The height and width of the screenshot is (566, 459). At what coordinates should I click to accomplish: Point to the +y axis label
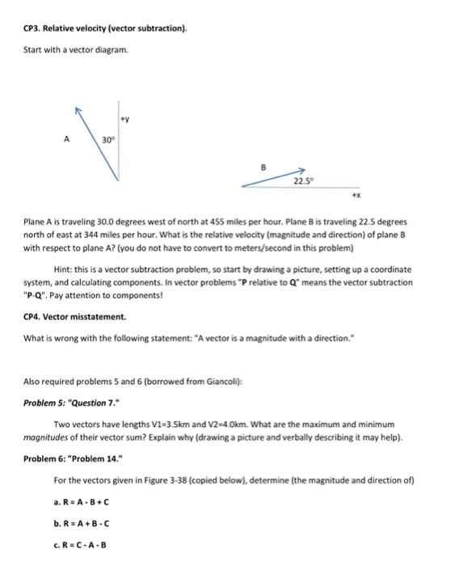click(x=124, y=118)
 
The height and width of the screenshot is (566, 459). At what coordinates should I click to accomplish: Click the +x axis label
click(x=354, y=195)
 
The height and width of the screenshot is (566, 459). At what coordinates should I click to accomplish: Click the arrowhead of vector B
click(x=300, y=171)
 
